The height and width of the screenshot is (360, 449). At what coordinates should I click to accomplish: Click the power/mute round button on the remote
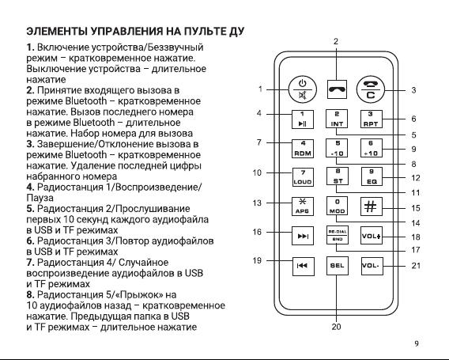[303, 89]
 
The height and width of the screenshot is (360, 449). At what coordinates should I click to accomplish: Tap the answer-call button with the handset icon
[337, 89]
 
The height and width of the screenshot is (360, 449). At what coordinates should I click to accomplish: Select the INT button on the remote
[337, 119]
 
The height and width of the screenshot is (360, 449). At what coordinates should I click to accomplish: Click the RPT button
[371, 119]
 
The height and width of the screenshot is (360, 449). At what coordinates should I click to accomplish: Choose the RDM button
[303, 149]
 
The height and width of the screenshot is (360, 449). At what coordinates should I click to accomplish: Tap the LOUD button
[303, 177]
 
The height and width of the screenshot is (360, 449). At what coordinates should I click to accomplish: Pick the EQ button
[372, 176]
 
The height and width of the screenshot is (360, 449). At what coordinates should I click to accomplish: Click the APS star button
[303, 207]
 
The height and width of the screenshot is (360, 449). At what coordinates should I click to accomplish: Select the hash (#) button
[371, 207]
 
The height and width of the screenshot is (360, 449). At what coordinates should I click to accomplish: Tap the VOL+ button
[371, 235]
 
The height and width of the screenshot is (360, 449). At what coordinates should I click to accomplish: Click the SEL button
[338, 266]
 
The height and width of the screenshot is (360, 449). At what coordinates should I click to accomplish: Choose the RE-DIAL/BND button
[338, 235]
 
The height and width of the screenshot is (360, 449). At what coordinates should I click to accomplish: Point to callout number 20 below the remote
[337, 327]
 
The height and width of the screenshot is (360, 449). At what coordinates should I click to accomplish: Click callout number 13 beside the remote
[257, 203]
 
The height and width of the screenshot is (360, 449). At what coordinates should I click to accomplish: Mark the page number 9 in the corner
[417, 343]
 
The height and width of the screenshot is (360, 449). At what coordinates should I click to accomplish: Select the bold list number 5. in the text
[31, 209]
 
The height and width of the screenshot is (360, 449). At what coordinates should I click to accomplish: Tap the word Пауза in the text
[40, 198]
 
